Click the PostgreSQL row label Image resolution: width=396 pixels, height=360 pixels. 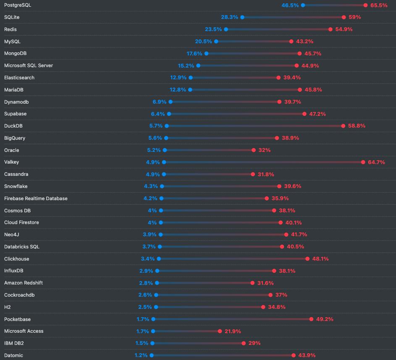18,5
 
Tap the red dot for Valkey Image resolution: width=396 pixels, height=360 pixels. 363,162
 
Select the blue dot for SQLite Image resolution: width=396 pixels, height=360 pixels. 242,17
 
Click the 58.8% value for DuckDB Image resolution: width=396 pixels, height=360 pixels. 357,126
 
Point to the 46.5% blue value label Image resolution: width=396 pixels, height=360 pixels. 290,5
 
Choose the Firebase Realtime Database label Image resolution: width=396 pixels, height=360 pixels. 36,198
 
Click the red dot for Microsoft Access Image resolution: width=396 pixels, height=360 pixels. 220,331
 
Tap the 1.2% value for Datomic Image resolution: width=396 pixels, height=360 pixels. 141,355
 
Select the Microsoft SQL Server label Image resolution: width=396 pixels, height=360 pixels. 29,65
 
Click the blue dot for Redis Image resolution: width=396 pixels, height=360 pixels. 226,29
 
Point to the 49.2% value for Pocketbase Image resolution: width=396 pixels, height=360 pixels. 325,319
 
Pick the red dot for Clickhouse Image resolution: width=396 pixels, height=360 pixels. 308,259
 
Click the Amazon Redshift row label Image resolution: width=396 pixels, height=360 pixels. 24,283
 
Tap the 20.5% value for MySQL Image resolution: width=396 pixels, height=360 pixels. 203,42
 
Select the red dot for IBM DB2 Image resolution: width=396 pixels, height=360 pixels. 244,343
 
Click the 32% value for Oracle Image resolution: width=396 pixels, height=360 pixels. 264,150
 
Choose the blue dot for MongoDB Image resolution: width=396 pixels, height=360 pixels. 206,54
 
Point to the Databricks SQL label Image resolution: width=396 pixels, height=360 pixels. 22,247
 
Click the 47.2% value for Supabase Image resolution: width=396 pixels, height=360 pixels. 317,114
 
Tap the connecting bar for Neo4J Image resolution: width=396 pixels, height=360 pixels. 223,235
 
